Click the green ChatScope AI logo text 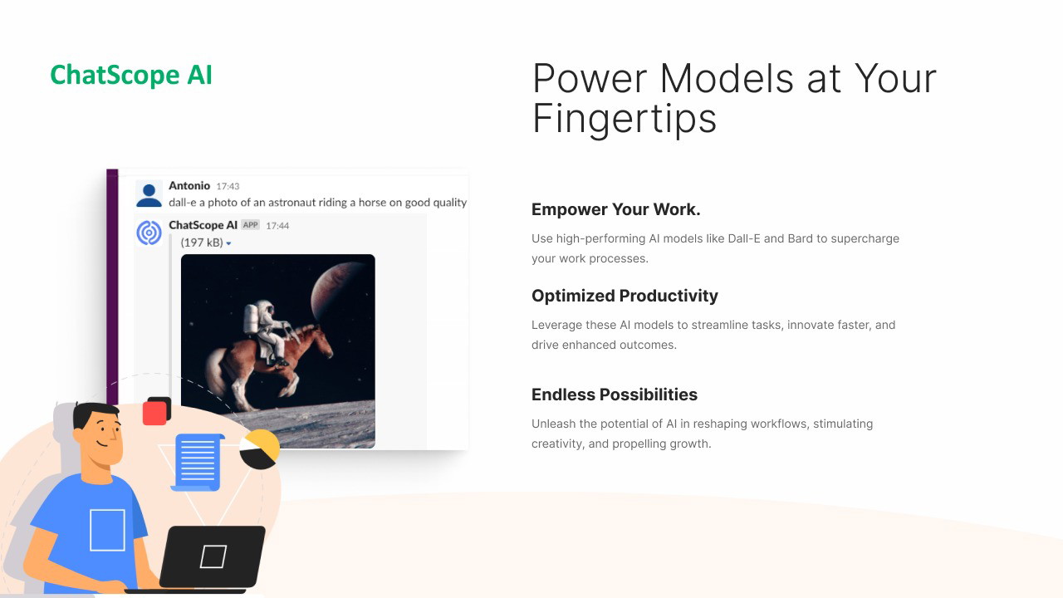tap(131, 75)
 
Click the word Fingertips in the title tap(625, 120)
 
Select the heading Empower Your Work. tap(615, 209)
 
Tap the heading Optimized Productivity tap(625, 296)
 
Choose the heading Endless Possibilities tap(614, 395)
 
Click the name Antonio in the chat tap(189, 185)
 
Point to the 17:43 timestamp tap(228, 187)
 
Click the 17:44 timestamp tap(277, 226)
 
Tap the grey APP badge tap(250, 225)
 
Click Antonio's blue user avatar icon tap(149, 194)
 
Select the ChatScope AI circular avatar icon tap(149, 233)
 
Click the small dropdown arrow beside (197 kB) tap(228, 243)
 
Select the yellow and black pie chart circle tap(260, 449)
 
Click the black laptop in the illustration tap(212, 556)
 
